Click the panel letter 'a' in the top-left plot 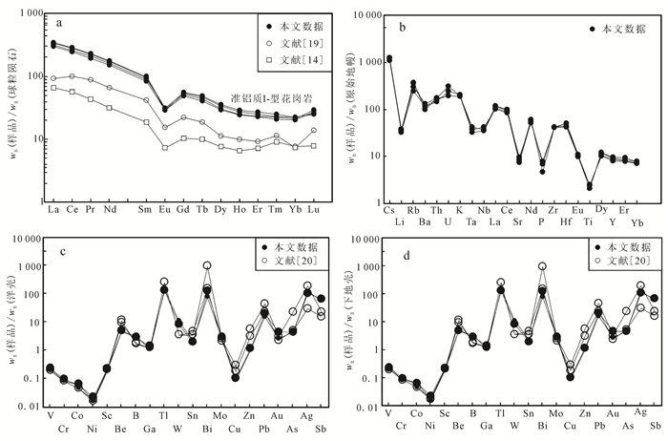60,21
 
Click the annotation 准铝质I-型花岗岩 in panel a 269,98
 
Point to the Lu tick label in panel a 313,209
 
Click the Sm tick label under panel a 145,209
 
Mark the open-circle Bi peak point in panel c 207,265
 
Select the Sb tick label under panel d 654,426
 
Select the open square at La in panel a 53,88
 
